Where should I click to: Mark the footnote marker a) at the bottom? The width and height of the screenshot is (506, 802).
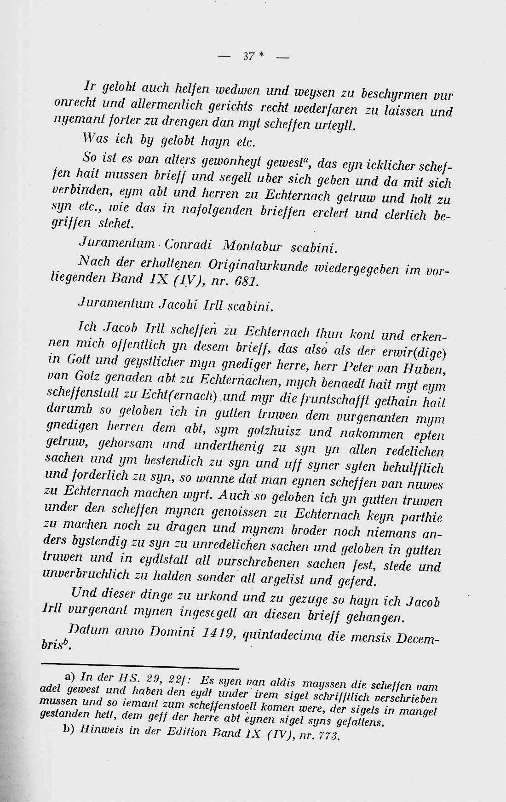(x=70, y=676)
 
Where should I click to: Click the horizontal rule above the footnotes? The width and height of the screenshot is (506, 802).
(x=140, y=664)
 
